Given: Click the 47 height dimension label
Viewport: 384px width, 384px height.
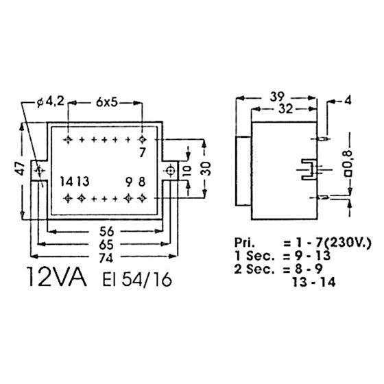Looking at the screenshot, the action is [21, 168].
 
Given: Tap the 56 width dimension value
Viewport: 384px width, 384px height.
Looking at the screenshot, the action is [107, 231].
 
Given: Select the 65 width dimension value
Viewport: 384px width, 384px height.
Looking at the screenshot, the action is [106, 244].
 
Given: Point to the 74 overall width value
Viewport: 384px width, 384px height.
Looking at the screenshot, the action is [106, 258].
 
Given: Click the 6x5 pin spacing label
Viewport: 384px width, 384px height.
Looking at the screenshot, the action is [107, 103].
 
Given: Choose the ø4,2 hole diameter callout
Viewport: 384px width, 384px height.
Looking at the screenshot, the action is [51, 101].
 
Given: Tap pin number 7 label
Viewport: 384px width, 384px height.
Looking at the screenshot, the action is [143, 152].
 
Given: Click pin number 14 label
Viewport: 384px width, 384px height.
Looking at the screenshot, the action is [67, 182].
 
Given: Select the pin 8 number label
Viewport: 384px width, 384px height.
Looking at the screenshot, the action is [142, 182].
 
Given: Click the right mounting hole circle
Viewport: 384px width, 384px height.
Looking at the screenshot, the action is [170, 171].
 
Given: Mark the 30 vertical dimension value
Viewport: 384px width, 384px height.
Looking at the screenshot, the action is [206, 169].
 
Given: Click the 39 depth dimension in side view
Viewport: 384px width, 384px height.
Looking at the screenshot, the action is [277, 97].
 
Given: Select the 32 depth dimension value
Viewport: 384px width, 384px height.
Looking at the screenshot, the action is [285, 109].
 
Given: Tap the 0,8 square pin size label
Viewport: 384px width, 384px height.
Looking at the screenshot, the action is [348, 163].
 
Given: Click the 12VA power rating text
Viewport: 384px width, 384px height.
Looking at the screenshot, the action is [58, 277].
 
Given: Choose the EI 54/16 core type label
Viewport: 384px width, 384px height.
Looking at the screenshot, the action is [137, 280].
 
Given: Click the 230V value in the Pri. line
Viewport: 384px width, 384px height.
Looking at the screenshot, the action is [348, 243].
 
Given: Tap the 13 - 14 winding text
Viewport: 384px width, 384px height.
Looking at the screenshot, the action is [314, 283].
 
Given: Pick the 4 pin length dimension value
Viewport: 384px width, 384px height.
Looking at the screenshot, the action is [348, 101].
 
